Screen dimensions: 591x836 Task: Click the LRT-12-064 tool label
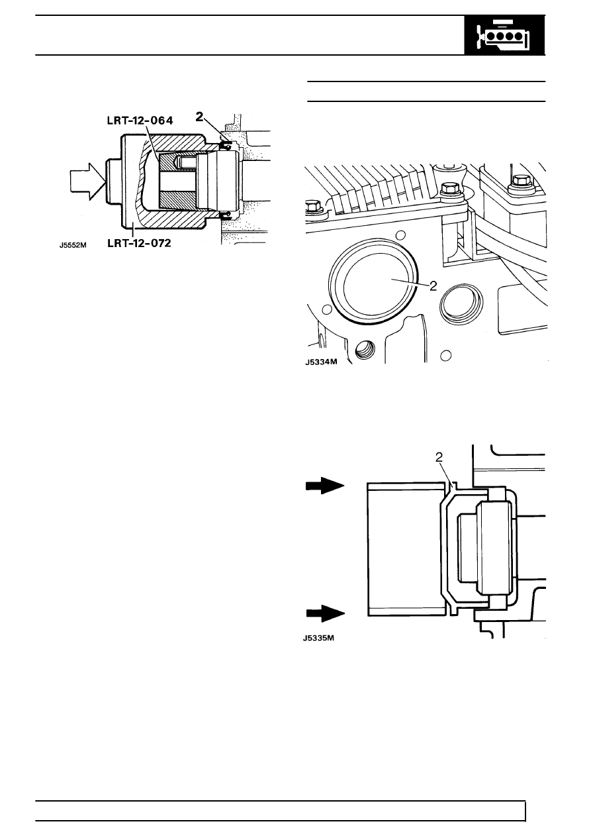click(140, 121)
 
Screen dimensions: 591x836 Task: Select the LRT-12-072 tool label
click(139, 243)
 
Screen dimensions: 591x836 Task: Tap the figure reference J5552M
click(73, 245)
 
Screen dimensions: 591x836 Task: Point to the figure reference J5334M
click(321, 362)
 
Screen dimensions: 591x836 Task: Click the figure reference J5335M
click(318, 638)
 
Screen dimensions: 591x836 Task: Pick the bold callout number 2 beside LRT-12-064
click(199, 117)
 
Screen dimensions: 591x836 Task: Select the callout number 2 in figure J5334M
click(433, 286)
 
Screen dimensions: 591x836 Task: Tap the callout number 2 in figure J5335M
click(439, 458)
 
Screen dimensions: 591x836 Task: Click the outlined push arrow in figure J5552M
click(87, 182)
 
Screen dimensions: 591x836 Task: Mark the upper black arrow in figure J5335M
click(325, 486)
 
